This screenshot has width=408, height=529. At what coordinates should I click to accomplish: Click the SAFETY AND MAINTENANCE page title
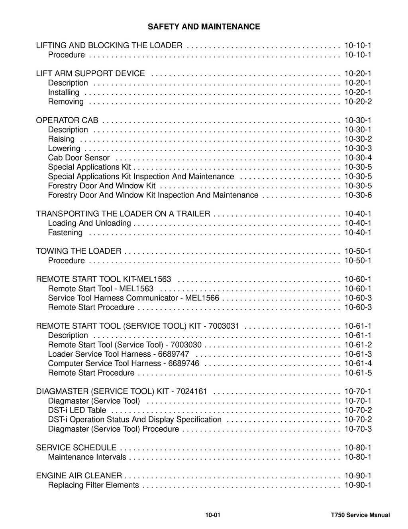(x=204, y=27)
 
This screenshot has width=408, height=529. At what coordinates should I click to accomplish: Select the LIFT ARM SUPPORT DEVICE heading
(x=90, y=73)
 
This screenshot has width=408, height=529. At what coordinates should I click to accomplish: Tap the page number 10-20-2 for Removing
(x=358, y=102)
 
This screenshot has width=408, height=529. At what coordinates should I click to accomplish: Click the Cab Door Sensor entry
(x=78, y=158)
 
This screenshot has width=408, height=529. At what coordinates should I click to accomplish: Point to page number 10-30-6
(x=358, y=195)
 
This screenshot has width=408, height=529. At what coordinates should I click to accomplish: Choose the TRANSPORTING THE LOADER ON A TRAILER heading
(x=123, y=214)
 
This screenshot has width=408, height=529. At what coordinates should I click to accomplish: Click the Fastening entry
(x=65, y=233)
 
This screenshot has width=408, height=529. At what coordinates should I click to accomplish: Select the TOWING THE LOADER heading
(x=78, y=251)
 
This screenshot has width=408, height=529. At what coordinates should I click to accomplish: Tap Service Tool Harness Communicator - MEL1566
(x=133, y=298)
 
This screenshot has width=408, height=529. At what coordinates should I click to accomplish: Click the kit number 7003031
(x=224, y=326)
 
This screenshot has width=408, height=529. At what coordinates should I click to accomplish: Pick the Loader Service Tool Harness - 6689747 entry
(x=118, y=354)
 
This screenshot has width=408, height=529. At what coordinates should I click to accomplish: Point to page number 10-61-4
(x=358, y=363)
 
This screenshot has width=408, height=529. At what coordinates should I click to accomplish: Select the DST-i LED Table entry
(x=77, y=410)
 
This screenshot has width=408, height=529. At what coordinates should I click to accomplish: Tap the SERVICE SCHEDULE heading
(x=76, y=448)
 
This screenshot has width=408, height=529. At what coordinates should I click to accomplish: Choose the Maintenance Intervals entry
(x=87, y=457)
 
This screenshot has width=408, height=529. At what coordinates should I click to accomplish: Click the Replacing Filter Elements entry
(x=93, y=485)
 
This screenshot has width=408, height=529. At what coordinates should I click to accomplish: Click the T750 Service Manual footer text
(x=357, y=515)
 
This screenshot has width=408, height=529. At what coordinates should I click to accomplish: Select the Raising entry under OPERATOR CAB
(x=61, y=139)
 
